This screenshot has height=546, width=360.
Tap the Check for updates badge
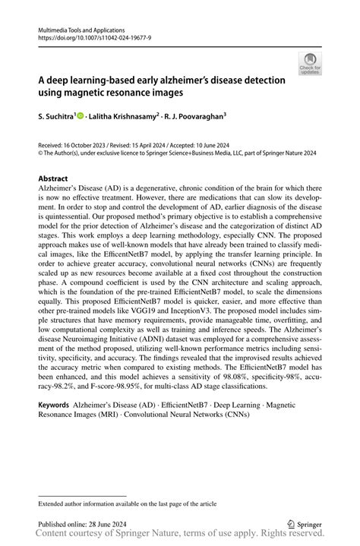click(310, 63)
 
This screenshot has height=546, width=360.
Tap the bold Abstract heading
click(53, 179)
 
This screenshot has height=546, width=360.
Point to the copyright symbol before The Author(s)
click(40, 152)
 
